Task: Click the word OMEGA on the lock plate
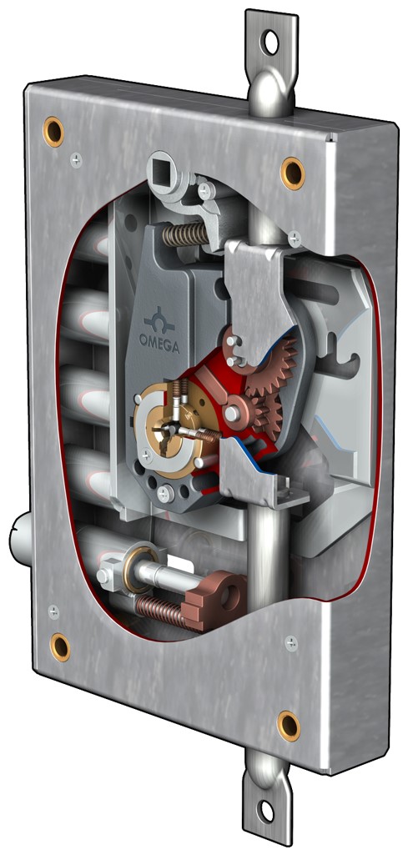pyautogui.click(x=159, y=344)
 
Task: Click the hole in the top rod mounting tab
pyautogui.click(x=270, y=42)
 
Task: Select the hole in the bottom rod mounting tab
pyautogui.click(x=266, y=811)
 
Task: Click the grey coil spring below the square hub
pyautogui.click(x=185, y=234)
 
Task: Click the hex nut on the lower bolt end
pyautogui.click(x=105, y=575)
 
